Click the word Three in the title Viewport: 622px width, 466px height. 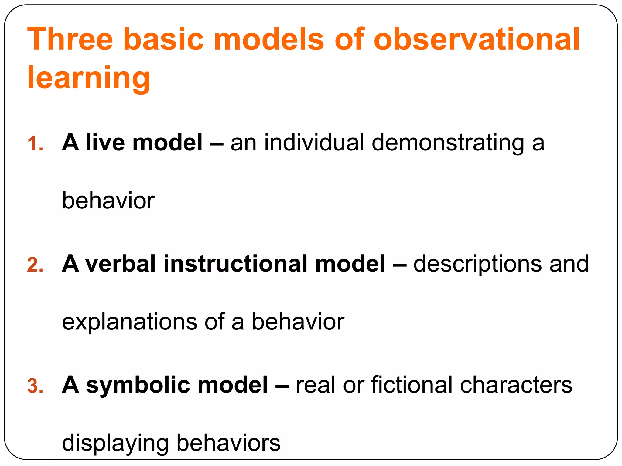(x=70, y=39)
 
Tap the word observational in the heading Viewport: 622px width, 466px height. (x=477, y=39)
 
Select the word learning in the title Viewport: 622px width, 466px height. (x=89, y=78)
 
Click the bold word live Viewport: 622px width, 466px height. (x=105, y=142)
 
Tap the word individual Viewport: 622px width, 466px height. (x=314, y=142)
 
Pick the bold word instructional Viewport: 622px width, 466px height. (x=235, y=264)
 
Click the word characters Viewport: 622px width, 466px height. (x=516, y=385)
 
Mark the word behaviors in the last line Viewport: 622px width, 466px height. (x=228, y=443)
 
